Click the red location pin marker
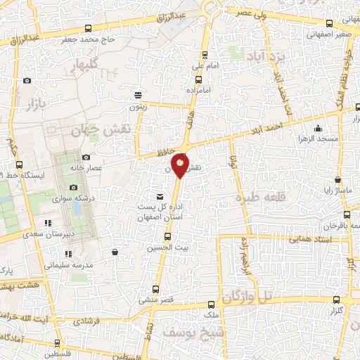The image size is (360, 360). point(181,166)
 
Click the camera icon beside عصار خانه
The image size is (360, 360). point(86,157)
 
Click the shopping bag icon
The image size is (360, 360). point(114,251)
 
